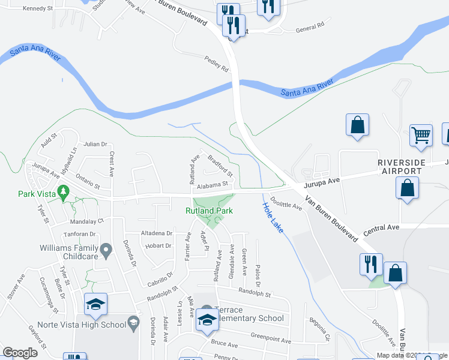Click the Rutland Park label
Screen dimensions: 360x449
208,211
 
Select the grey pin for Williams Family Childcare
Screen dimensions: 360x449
106,248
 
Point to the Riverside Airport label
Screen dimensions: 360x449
402,167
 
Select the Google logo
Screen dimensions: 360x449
20,353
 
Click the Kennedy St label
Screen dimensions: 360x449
37,9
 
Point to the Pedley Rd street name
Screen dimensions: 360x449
217,65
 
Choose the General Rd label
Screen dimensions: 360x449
310,26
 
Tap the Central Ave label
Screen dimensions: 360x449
381,228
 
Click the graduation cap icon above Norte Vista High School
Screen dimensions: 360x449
95,304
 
